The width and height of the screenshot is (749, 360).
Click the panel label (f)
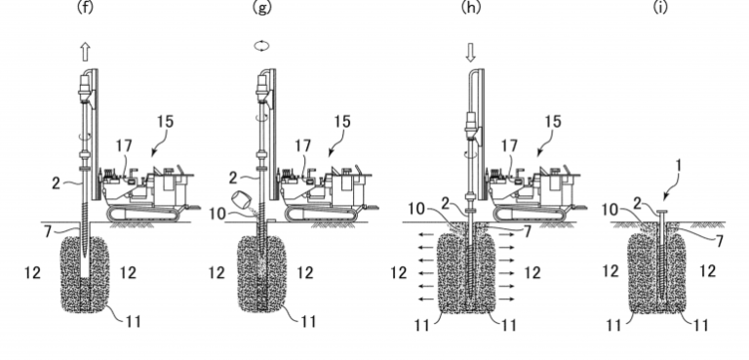[85, 8]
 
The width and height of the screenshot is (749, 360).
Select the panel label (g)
[262, 8]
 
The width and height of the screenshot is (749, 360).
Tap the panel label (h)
[470, 8]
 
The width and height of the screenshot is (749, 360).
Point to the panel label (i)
[660, 8]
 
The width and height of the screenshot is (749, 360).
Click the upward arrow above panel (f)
[85, 52]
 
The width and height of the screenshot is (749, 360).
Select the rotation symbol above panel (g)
[261, 46]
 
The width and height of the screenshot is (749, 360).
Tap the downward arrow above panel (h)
[470, 52]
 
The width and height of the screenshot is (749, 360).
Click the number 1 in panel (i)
[680, 169]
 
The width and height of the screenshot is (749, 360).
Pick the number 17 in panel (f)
[123, 146]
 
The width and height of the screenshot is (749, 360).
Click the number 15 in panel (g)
[341, 122]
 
